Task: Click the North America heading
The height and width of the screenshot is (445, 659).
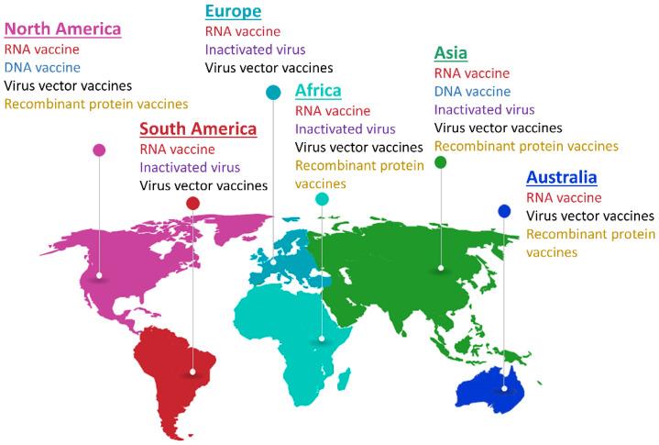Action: [x=62, y=28]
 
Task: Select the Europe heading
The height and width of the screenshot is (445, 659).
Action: [x=233, y=11]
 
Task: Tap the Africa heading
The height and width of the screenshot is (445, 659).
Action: [x=318, y=90]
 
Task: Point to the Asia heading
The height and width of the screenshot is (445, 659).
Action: [x=450, y=52]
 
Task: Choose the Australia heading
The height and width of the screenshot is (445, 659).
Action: [x=561, y=177]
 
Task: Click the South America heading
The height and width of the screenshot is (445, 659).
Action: [x=197, y=128]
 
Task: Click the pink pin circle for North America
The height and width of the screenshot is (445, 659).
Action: [x=99, y=150]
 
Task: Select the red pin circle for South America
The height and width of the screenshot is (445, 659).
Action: [x=192, y=203]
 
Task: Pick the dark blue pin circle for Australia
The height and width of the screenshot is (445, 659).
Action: [x=504, y=212]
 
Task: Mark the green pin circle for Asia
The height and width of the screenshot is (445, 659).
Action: [x=441, y=162]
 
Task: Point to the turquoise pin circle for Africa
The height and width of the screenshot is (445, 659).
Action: [x=322, y=199]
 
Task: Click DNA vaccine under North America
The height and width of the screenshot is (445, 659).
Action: [x=42, y=67]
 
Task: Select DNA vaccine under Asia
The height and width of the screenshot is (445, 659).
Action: [x=472, y=91]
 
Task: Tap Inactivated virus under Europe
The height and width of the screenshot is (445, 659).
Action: [x=255, y=50]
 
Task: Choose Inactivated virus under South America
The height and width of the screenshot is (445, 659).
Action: [x=190, y=167]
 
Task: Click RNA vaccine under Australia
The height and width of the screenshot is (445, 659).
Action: [x=564, y=197]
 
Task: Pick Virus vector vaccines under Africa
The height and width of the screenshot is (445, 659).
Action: [x=358, y=147]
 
